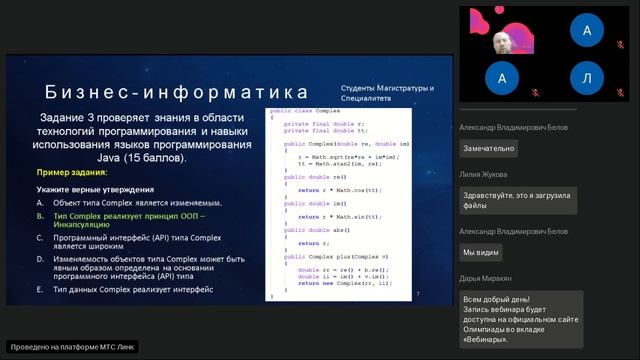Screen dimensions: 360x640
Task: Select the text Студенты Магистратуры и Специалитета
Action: [x=387, y=93]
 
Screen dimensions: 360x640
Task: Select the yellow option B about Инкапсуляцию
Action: [x=130, y=221]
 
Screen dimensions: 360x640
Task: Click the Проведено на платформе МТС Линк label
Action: [x=72, y=347]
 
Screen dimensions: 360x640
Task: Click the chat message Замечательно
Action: [x=489, y=149]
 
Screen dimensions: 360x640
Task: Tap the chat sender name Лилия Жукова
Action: [x=485, y=174]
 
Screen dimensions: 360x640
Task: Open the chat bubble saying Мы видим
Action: [x=481, y=252]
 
